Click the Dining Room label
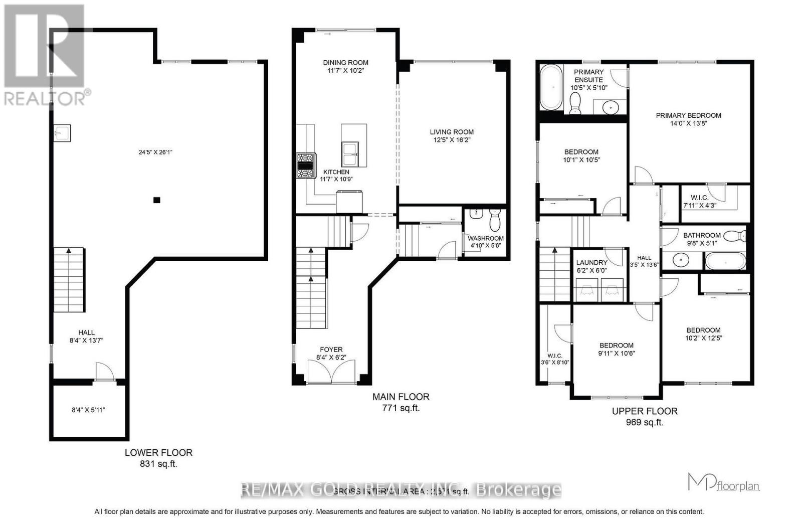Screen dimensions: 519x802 pos(345,63)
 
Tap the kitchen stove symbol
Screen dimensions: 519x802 pos(305,166)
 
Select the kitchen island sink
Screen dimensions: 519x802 pos(350,153)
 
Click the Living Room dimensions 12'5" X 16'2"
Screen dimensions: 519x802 pos(452,140)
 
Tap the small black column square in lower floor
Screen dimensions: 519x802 pos(157,200)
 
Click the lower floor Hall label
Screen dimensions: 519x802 pos(86,332)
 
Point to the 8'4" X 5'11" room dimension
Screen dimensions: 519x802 pos(89,410)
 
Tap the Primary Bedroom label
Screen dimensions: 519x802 pos(688,115)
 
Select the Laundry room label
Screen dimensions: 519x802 pos(591,263)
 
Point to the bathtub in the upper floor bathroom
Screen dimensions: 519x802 pos(725,261)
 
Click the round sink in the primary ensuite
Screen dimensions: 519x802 pos(610,106)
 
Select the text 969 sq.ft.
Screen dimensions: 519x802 pos(644,422)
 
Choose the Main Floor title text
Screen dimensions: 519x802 pos(400,397)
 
